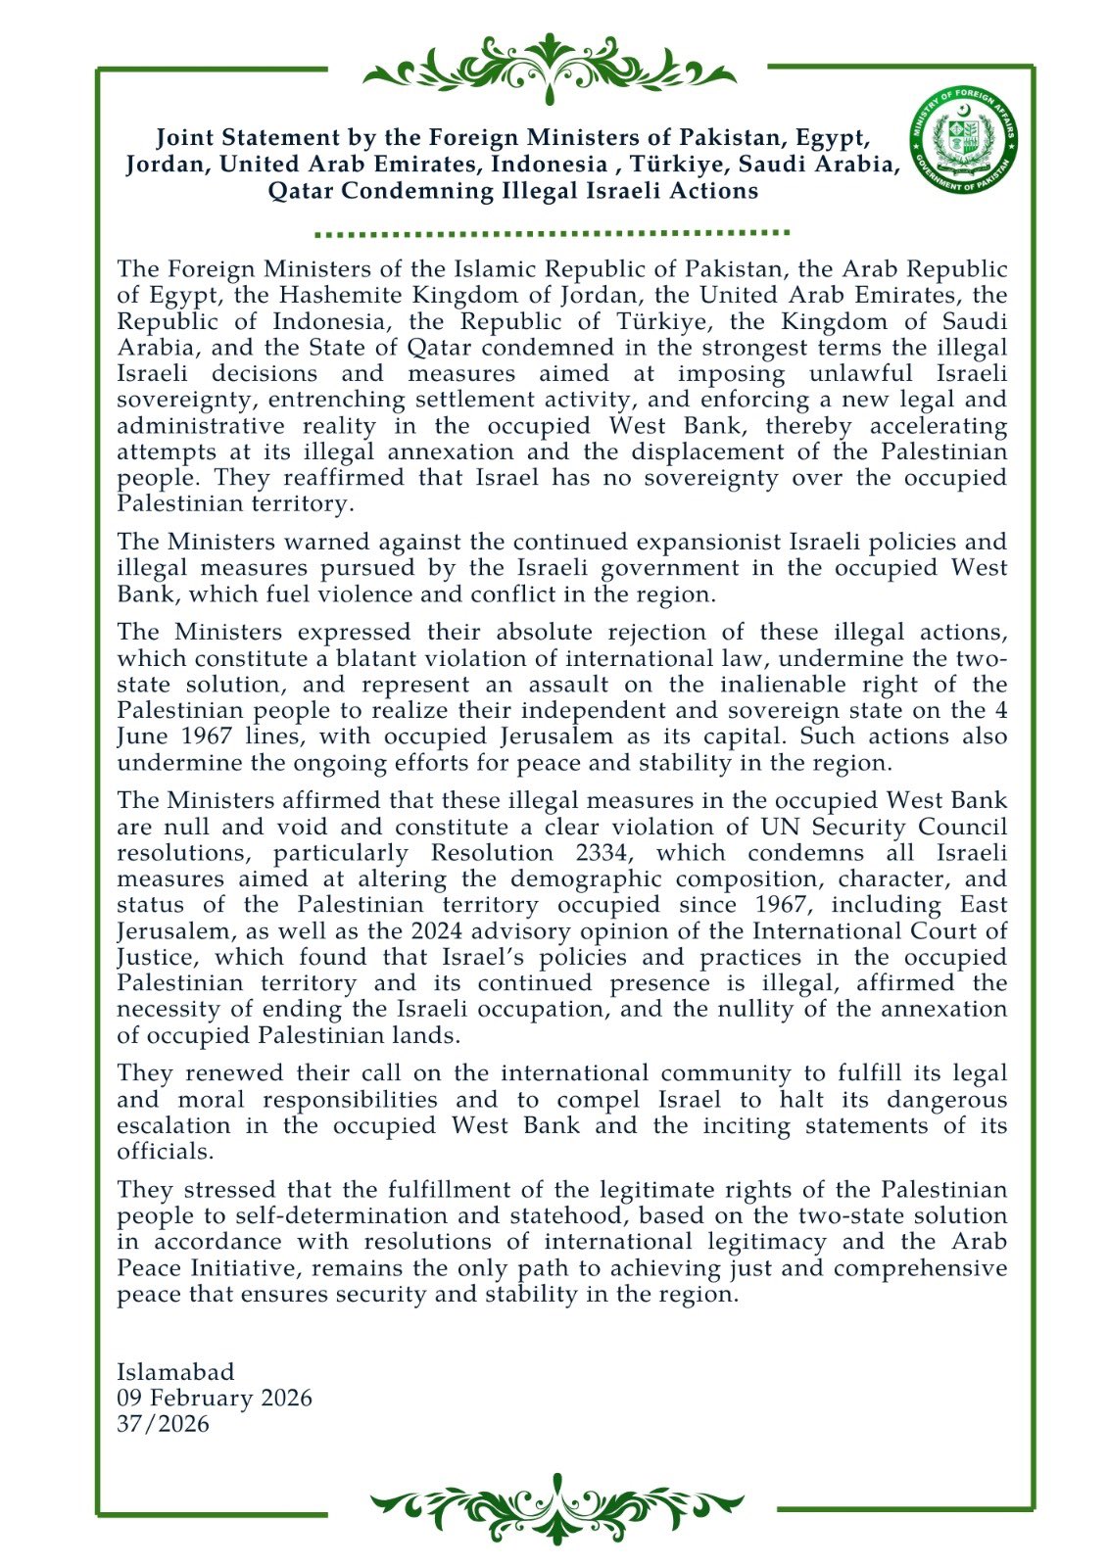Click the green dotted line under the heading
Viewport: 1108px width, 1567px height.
tap(553, 234)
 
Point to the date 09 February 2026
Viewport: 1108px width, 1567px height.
tap(214, 1398)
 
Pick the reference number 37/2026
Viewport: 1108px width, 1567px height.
tap(163, 1423)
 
